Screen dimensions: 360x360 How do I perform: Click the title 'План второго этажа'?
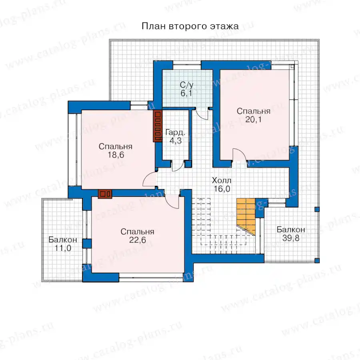coord(190,26)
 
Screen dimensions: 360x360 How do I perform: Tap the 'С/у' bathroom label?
coord(186,85)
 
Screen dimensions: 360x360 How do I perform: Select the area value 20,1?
coord(253,120)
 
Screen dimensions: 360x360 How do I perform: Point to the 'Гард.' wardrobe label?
coord(175,132)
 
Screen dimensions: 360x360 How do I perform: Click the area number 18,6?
coord(116,155)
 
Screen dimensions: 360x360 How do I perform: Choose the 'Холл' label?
coord(222,180)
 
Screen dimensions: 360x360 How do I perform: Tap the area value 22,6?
coord(137,240)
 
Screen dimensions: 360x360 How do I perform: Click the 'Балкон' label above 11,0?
coord(63,240)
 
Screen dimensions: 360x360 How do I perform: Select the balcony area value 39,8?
coord(291,238)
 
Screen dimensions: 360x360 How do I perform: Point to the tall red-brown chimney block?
coord(158,126)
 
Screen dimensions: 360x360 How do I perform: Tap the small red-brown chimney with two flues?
coord(105,194)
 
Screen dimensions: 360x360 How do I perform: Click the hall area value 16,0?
coord(222,189)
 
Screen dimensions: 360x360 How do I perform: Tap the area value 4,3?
coord(176,141)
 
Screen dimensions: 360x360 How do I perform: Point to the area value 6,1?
coord(186,94)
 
